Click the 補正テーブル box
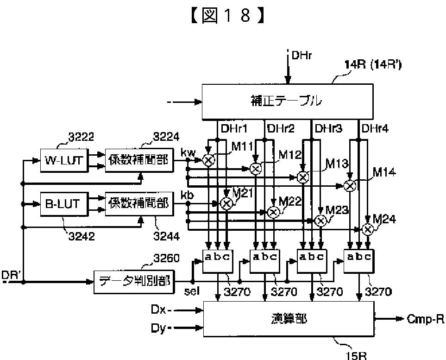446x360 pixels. [x=287, y=101]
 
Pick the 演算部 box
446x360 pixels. [x=289, y=318]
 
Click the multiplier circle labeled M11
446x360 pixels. [x=209, y=160]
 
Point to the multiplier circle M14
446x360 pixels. [x=350, y=186]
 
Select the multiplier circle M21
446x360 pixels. [x=226, y=203]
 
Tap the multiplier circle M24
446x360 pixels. [x=368, y=229]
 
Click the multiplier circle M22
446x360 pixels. [x=273, y=212]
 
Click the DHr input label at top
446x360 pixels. [x=302, y=56]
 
